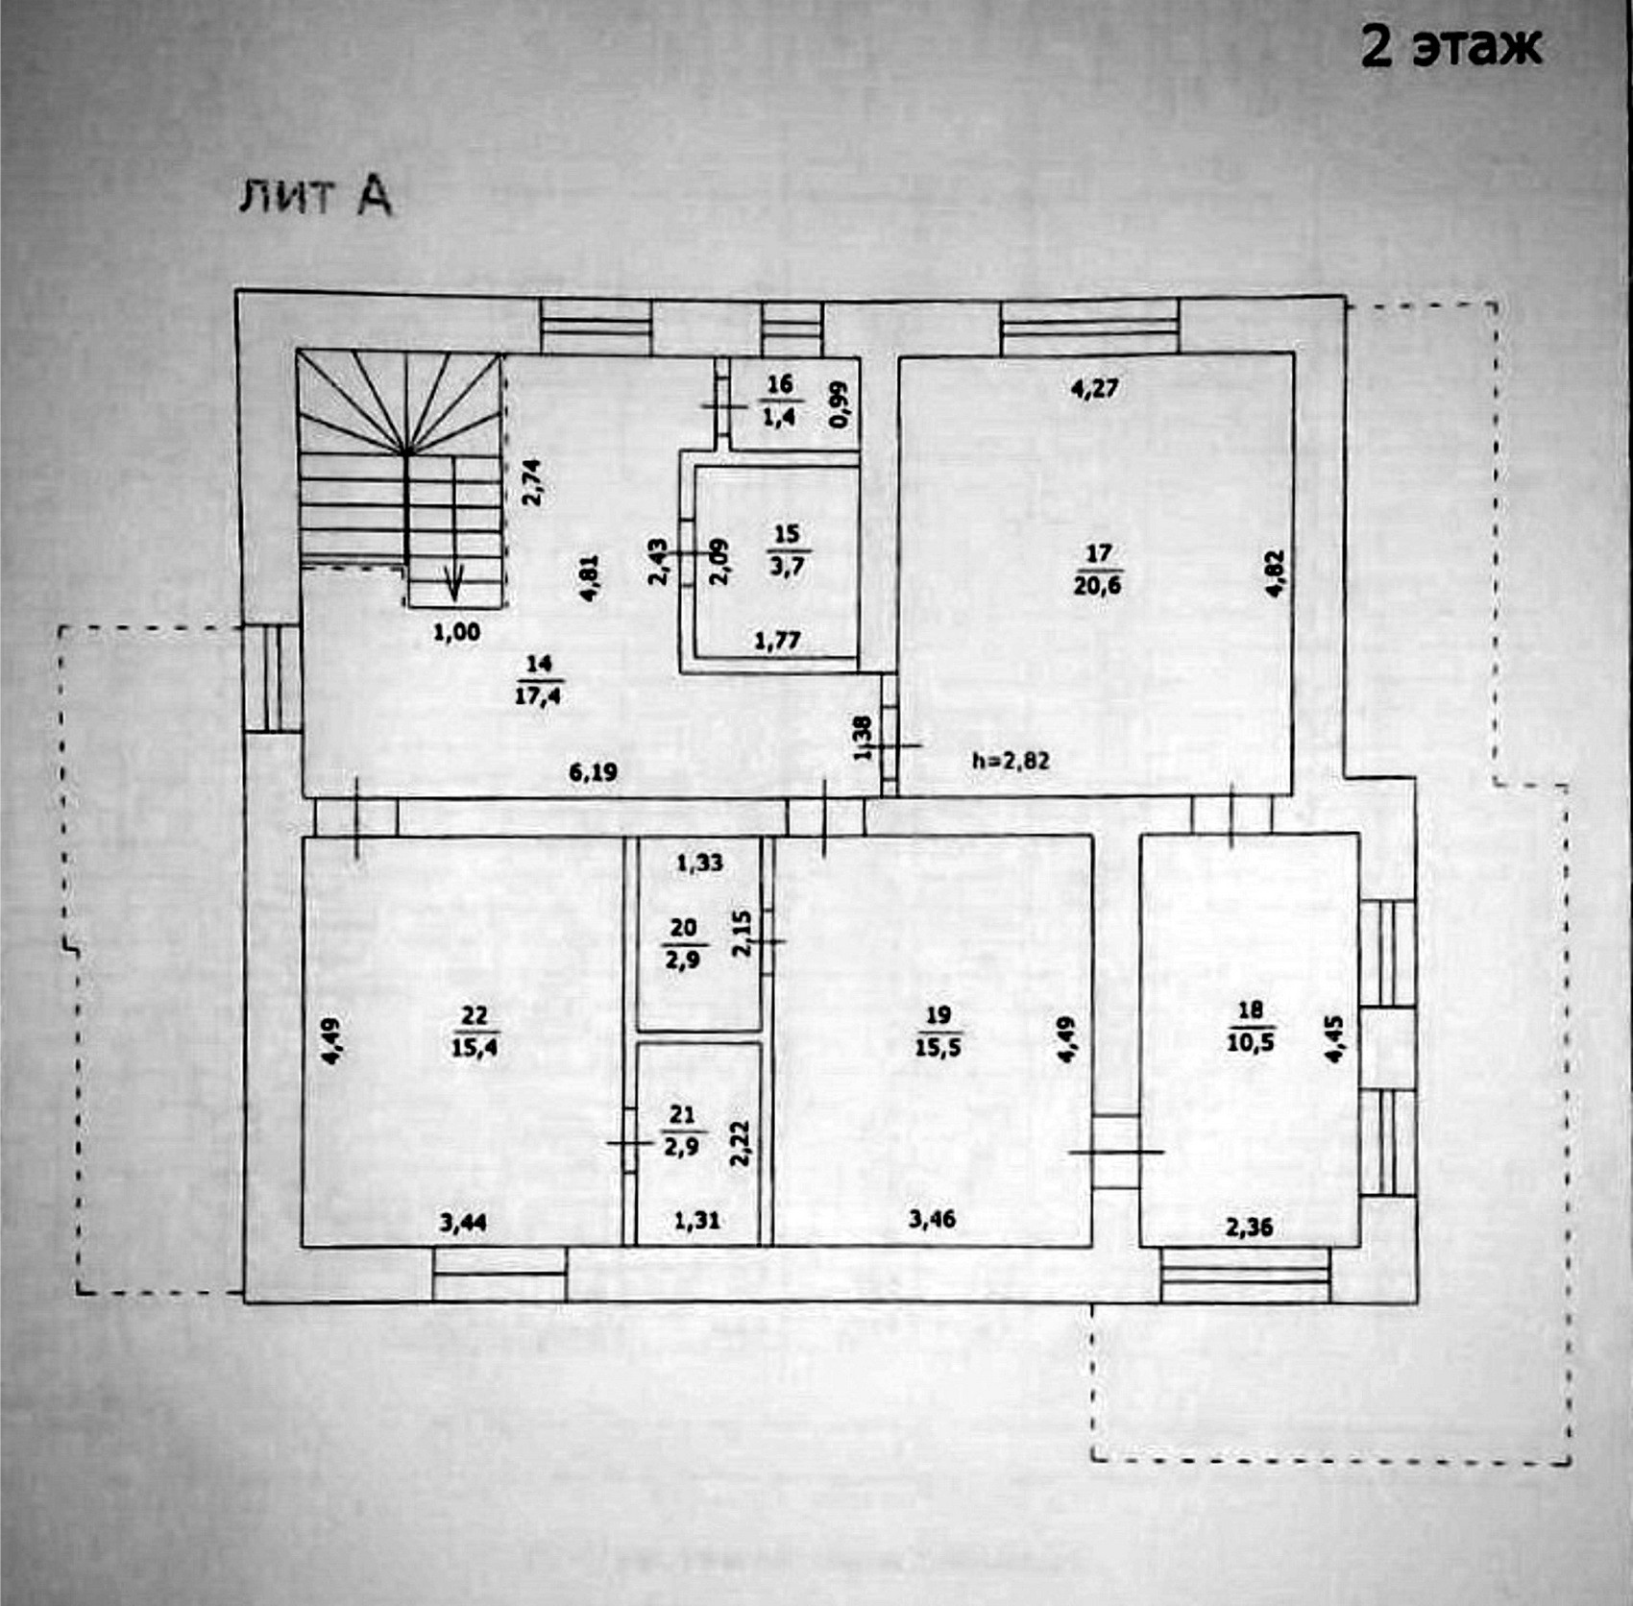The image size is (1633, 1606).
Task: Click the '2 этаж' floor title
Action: pos(1450,46)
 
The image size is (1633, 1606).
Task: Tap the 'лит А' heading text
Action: pos(315,196)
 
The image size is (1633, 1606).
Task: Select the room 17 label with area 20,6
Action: pos(1097,570)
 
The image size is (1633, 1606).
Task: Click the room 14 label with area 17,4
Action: pos(538,679)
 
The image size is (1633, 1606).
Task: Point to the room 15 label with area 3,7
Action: pos(787,549)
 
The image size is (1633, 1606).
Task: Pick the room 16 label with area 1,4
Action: pos(779,400)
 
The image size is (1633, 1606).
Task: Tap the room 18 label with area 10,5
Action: pos(1250,1026)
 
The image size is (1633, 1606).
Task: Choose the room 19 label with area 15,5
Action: pos(938,1031)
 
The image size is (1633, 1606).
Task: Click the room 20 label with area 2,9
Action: pos(683,943)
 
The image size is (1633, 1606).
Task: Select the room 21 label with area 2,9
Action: pos(682,1131)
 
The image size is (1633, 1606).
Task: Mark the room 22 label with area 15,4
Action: pos(475,1031)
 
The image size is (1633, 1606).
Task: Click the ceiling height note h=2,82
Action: pos(1011,761)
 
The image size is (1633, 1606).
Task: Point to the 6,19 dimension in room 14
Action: pos(593,771)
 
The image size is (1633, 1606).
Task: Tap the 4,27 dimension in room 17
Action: pos(1095,389)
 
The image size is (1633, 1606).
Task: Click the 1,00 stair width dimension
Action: pos(456,632)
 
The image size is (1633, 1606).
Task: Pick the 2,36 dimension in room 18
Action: pos(1249,1227)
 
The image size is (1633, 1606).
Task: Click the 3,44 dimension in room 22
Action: pos(462,1223)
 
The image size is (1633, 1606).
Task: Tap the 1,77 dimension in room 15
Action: pos(777,640)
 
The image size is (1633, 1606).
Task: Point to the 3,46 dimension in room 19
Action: pos(932,1220)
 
